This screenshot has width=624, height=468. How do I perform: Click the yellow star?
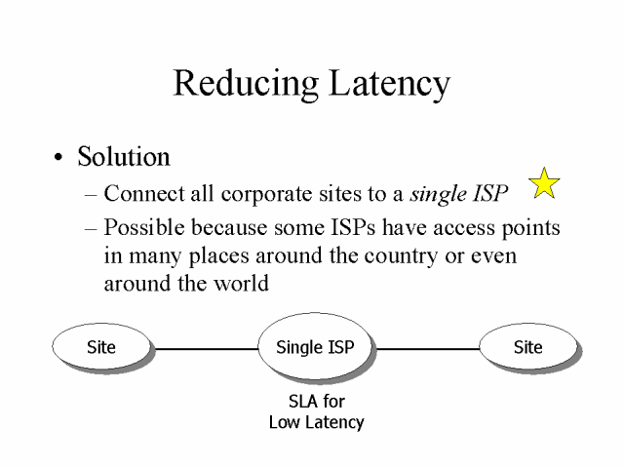pyautogui.click(x=544, y=182)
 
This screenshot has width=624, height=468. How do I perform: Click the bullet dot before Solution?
pyautogui.click(x=60, y=158)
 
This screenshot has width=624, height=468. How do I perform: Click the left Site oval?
pyautogui.click(x=100, y=347)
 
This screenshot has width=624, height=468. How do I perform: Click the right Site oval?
pyautogui.click(x=527, y=347)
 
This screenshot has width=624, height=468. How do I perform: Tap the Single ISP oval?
pyautogui.click(x=315, y=347)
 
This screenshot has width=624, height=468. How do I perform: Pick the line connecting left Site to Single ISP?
pyautogui.click(x=204, y=348)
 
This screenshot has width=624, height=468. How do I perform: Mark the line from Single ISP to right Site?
pyautogui.click(x=427, y=348)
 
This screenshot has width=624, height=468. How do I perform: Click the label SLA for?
pyautogui.click(x=316, y=401)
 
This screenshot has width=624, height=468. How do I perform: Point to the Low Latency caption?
pyautogui.click(x=316, y=422)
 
